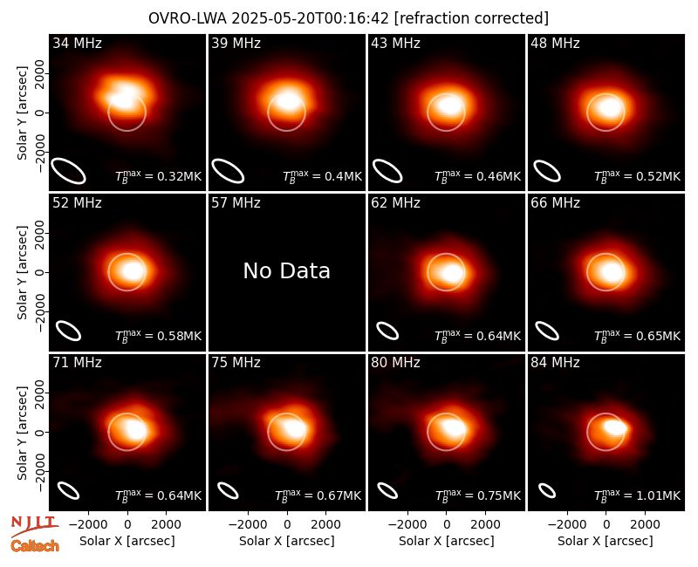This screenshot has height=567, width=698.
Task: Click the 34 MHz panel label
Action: [x=77, y=43]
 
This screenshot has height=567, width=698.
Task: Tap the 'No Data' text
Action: [x=287, y=270]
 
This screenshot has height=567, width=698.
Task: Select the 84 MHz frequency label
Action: [x=555, y=363]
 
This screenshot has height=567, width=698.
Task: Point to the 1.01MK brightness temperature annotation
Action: [x=638, y=495]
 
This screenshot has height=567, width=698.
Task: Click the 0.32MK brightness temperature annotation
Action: [x=159, y=176]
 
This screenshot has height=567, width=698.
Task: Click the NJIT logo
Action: [x=34, y=525]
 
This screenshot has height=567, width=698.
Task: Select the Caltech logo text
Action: [x=35, y=546]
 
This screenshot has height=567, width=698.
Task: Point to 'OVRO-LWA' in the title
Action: [x=188, y=18]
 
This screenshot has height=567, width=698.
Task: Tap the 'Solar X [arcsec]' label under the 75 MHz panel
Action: [x=287, y=541]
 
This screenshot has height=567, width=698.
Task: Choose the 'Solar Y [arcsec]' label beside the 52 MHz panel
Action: [x=23, y=272]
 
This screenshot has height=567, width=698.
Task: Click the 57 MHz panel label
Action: [x=236, y=203]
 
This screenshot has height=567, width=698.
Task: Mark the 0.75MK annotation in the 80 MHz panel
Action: [x=478, y=495]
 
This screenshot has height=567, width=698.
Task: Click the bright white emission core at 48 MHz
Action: [x=609, y=107]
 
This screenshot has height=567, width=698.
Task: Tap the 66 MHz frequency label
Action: [x=555, y=203]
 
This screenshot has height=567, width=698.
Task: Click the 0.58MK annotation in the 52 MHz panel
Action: [x=159, y=335]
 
